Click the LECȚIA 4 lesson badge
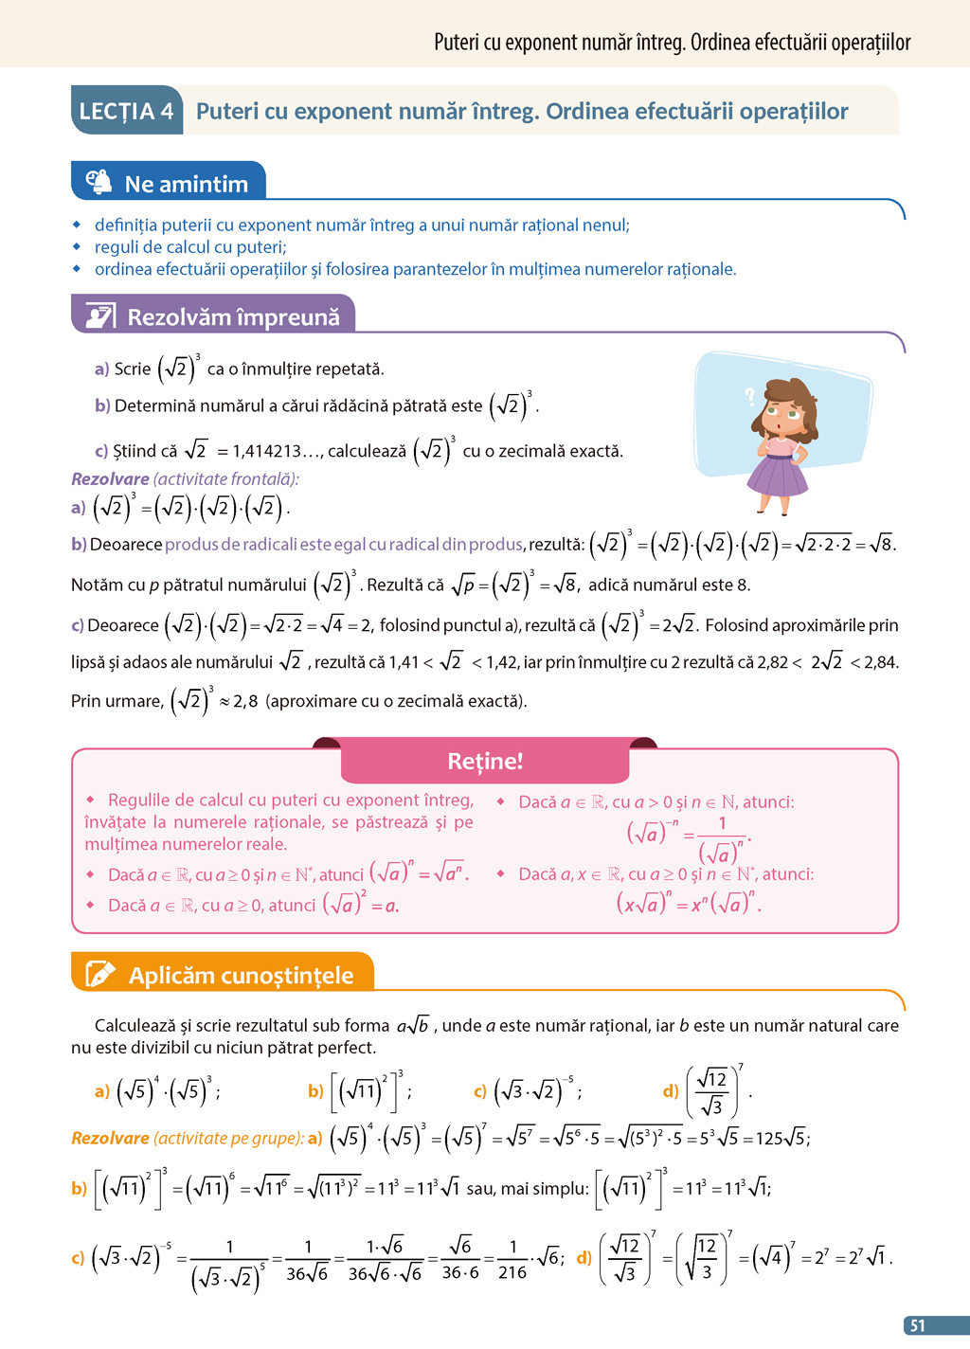tap(127, 111)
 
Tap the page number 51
tap(917, 1325)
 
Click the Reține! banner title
tap(485, 761)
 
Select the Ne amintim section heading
tap(187, 184)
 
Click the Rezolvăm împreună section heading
tap(233, 317)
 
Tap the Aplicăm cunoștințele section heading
tap(241, 976)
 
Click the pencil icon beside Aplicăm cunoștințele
tap(100, 975)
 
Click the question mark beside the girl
tap(750, 396)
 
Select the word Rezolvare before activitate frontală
tap(110, 479)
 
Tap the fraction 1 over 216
tap(512, 1259)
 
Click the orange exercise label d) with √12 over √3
tap(671, 1091)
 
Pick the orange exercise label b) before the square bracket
tap(315, 1091)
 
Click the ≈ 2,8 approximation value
tap(239, 702)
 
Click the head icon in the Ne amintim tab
tap(99, 182)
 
